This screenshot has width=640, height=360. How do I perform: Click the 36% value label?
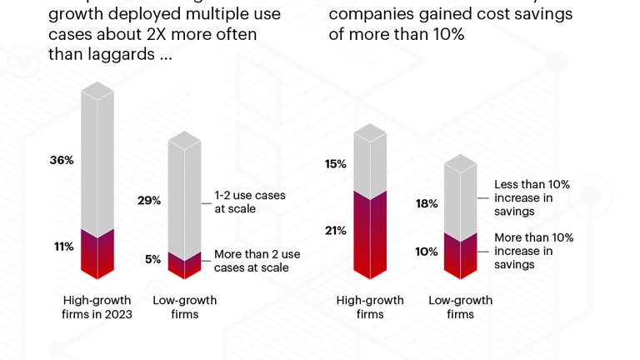click(62, 160)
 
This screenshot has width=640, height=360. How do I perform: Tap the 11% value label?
click(64, 247)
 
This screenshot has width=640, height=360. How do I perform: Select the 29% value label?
click(149, 201)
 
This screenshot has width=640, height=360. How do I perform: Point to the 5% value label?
click(152, 259)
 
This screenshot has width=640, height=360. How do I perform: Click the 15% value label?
click(336, 164)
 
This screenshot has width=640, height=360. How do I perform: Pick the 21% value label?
click(336, 231)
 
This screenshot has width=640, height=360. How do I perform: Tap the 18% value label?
click(427, 203)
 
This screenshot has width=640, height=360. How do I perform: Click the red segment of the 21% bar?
click(370, 237)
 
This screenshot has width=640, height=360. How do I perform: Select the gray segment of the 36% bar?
click(97, 162)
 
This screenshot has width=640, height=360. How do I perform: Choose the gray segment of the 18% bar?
click(460, 200)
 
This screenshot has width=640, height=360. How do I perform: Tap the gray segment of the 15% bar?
click(370, 162)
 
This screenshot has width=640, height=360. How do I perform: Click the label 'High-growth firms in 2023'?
click(97, 307)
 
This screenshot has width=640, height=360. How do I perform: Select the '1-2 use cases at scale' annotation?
click(249, 202)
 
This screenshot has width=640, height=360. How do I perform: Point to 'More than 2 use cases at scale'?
click(257, 261)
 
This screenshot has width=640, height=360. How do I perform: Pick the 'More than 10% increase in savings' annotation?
click(533, 251)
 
